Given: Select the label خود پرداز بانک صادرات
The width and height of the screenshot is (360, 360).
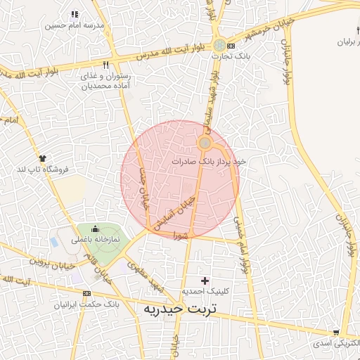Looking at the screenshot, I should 210,161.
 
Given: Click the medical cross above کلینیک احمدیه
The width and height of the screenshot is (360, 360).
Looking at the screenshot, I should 205,281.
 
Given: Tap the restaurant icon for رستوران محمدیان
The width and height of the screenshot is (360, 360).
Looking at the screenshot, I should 106,65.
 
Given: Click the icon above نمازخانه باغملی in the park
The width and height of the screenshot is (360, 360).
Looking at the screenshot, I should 95,229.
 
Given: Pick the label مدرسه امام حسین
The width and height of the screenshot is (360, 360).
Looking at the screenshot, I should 75,25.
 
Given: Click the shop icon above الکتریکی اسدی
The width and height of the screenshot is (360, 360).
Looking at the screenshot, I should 337,333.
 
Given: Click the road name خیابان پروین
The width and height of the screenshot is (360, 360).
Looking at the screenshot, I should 51,262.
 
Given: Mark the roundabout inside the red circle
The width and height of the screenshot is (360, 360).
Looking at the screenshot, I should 205,143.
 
